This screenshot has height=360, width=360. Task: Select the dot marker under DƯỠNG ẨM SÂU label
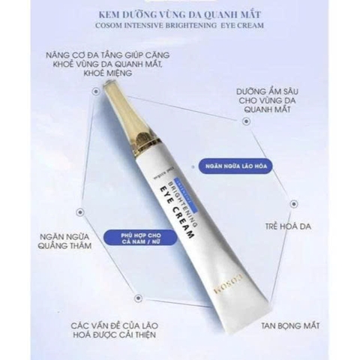pyautogui.click(x=245, y=121)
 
